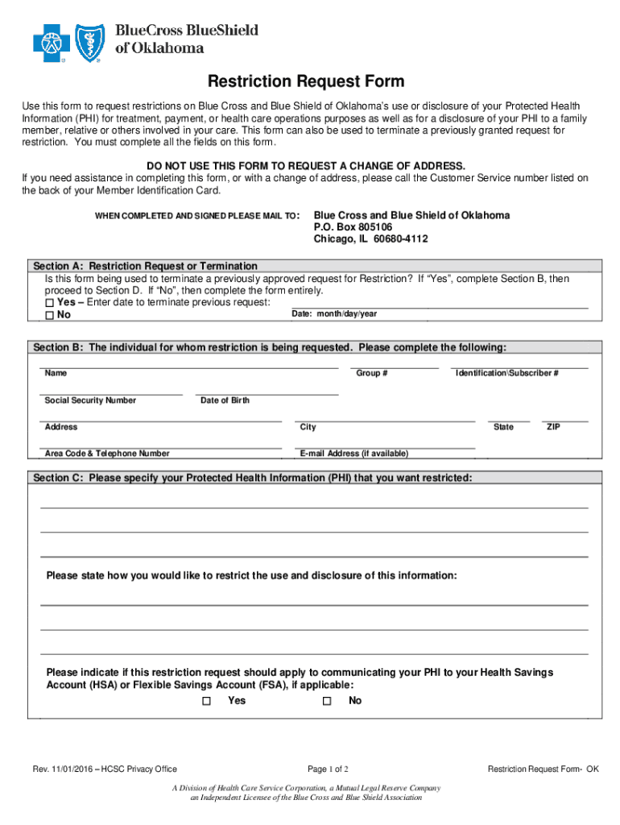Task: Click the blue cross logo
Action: pos(51,43)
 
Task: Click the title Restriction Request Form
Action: pos(306,81)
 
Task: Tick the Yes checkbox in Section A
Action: pos(50,303)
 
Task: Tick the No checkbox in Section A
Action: pos(50,315)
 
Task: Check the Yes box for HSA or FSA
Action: pos(206,702)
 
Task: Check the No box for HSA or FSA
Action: pos(327,702)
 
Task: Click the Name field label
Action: pos(56,374)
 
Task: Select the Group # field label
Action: pos(372,374)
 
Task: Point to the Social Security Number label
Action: pos(90,400)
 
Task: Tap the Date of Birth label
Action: pos(225,400)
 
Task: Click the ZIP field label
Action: pos(553,427)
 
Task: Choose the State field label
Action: pos(503,427)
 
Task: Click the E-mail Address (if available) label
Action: pos(353,454)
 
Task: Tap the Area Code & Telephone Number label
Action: pos(107,454)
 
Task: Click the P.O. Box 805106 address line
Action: pos(353,227)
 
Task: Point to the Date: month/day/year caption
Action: pos(334,313)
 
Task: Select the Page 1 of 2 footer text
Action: pos(328,769)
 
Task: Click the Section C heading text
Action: pos(253,478)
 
